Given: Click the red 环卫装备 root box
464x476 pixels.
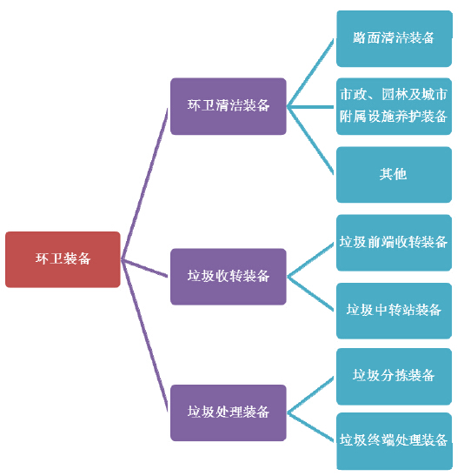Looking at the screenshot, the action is (x=63, y=259).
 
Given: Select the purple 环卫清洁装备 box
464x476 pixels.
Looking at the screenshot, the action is (x=229, y=106).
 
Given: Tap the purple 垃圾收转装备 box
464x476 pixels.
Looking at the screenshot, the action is (x=229, y=277).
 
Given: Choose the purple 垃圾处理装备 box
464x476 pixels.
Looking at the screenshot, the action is (x=229, y=412).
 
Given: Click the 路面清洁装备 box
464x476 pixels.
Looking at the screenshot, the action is (x=394, y=38).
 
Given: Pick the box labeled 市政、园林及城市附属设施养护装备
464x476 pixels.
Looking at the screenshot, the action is (x=394, y=106).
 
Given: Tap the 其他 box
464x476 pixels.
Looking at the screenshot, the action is (x=394, y=175).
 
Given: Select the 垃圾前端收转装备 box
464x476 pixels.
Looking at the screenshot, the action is (x=394, y=243).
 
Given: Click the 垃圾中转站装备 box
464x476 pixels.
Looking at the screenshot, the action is (x=394, y=311).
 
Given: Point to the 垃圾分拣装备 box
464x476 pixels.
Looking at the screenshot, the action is (x=394, y=377).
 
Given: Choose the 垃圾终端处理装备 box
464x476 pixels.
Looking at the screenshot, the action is (x=394, y=441).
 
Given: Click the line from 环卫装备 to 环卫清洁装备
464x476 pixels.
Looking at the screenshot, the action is (x=144, y=184).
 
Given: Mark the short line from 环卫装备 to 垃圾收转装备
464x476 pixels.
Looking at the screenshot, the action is (x=144, y=268).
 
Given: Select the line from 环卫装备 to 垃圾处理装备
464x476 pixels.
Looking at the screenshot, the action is (x=144, y=335).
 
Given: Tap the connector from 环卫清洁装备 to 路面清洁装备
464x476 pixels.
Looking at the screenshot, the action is (x=310, y=72).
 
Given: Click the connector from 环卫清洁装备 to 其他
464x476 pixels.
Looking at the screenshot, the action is (x=310, y=141).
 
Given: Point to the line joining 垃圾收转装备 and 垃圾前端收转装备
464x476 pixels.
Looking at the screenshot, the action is (x=310, y=260).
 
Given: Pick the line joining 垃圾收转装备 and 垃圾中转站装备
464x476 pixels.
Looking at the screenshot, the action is (x=310, y=293).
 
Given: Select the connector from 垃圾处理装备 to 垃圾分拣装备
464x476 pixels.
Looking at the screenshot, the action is (x=310, y=395).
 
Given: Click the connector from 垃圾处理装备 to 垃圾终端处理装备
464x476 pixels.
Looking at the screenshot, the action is (x=310, y=426).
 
